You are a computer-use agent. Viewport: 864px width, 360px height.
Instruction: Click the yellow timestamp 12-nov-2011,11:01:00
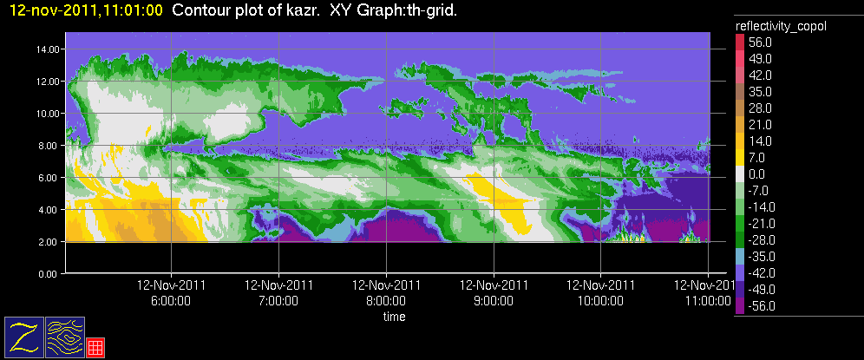click(x=85, y=10)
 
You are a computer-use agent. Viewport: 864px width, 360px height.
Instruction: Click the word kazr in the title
click(x=302, y=10)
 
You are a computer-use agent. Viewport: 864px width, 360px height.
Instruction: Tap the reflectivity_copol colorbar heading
click(x=781, y=27)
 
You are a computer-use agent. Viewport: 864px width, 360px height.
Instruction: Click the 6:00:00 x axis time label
click(x=171, y=301)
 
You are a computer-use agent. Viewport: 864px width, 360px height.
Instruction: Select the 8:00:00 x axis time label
click(x=386, y=301)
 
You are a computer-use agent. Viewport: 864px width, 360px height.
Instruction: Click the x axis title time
click(x=394, y=317)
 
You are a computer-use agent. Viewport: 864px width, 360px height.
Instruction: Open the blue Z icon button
click(x=24, y=336)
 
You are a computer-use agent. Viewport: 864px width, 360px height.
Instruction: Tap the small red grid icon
click(x=95, y=346)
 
